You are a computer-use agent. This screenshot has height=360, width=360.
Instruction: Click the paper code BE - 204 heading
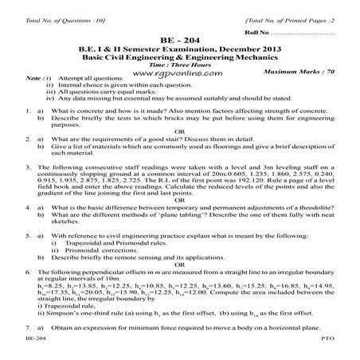pos(180,38)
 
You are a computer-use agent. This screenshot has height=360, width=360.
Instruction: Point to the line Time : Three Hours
pos(180,61)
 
